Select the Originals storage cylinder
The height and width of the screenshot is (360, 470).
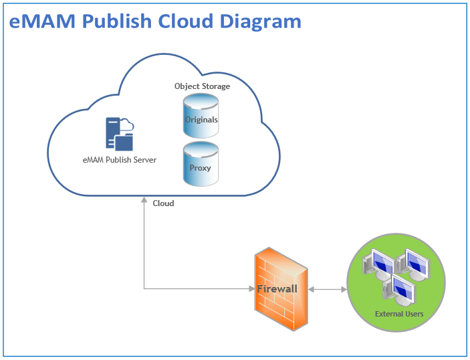(x=201, y=114)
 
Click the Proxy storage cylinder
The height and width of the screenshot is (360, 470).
(x=201, y=163)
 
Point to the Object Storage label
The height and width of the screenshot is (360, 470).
(x=202, y=86)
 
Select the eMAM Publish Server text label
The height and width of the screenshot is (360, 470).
(x=119, y=161)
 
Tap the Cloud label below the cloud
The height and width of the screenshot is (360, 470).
(x=163, y=203)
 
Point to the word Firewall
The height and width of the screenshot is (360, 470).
(x=277, y=289)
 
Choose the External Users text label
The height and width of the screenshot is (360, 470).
(x=398, y=313)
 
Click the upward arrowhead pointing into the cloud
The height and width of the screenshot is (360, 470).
(x=144, y=200)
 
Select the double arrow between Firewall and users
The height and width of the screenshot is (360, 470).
(x=328, y=290)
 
